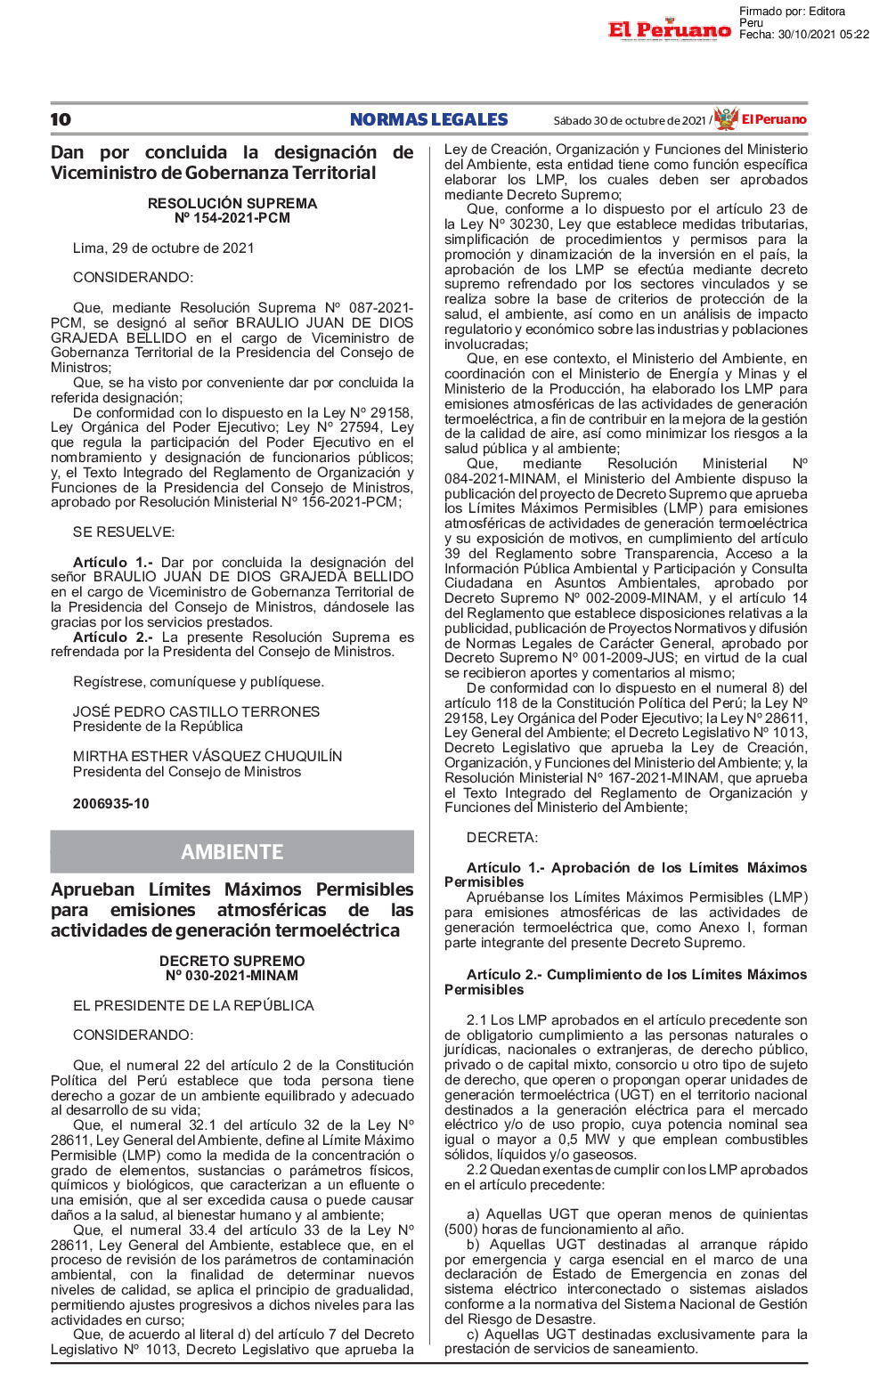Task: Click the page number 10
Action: (61, 120)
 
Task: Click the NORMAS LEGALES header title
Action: (428, 120)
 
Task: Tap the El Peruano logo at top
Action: (669, 30)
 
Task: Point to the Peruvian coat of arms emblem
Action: (726, 118)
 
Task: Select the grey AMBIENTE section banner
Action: (232, 852)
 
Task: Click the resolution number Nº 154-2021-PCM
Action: (232, 218)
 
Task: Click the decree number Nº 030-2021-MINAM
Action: (232, 976)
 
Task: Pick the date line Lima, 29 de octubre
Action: (163, 248)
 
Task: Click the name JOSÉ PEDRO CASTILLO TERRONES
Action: (196, 711)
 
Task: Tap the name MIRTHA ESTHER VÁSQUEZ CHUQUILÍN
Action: (207, 756)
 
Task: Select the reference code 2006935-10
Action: (111, 804)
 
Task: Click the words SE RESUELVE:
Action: (124, 532)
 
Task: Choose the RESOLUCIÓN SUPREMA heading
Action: (232, 203)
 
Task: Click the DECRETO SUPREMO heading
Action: (232, 962)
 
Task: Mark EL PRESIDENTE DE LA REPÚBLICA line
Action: (193, 1006)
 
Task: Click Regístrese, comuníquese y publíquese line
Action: (199, 682)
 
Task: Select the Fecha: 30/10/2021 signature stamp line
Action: (803, 35)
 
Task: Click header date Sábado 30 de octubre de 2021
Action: (630, 120)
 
